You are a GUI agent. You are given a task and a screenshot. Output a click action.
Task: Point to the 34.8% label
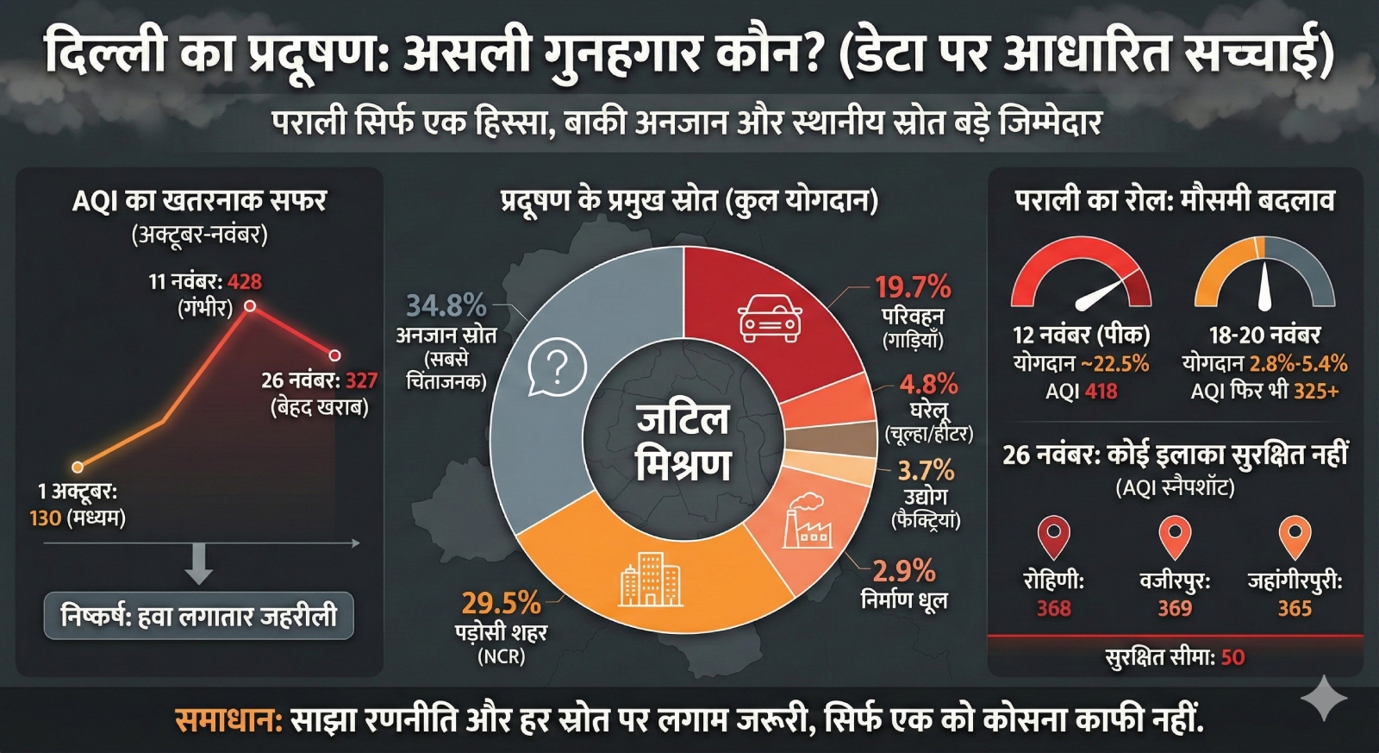point(446,305)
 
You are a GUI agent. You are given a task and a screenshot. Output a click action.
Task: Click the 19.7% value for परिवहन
point(913,286)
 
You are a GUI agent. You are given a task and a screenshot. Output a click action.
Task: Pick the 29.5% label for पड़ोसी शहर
point(500,602)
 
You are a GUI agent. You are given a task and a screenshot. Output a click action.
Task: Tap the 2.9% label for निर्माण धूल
point(903,570)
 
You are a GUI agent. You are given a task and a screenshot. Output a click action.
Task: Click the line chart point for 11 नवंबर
point(250,306)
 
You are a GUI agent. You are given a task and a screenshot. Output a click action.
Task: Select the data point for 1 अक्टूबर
point(78,467)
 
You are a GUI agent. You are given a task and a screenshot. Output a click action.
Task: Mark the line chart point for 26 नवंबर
point(334,355)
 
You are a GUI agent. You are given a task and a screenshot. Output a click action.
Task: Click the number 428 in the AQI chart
point(245,281)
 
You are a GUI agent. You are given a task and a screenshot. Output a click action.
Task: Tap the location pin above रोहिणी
point(1053,537)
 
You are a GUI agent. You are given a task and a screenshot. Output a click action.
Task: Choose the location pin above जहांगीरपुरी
point(1295,537)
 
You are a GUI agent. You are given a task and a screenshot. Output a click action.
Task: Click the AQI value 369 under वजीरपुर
point(1174,608)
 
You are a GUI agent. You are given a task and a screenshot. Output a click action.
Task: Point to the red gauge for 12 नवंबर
point(1081,276)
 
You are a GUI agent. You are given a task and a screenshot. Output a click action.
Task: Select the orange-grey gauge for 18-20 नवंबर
point(1264,276)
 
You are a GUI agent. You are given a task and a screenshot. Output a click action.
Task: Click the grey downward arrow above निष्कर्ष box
point(199,564)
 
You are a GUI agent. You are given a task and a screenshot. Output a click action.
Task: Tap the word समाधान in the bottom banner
point(228,720)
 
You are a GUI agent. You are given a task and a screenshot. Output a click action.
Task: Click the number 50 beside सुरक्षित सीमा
point(1232,657)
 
